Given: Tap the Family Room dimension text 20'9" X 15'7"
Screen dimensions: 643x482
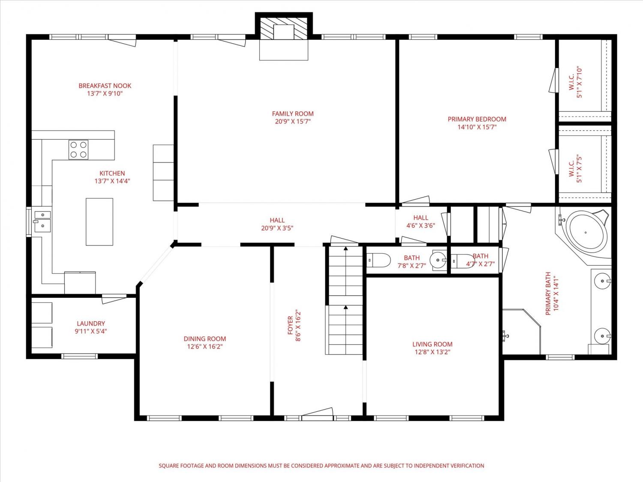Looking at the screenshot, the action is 293,121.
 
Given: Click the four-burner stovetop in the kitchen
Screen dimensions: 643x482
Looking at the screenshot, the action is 78,150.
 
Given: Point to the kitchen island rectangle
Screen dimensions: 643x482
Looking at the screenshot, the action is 99,222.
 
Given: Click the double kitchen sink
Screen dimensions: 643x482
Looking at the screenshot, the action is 42,222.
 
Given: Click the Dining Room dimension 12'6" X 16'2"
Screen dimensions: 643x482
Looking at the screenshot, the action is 205,347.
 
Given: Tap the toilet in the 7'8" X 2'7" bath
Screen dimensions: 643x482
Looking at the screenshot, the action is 379,260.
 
